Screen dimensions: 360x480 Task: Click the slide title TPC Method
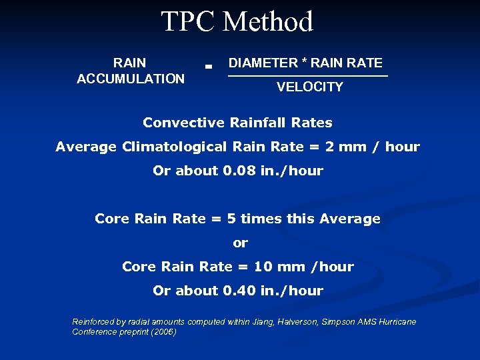pos(237,21)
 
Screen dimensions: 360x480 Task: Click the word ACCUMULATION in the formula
pos(131,79)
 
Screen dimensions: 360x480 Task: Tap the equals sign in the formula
pos(209,67)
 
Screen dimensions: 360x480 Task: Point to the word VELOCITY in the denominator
pos(309,87)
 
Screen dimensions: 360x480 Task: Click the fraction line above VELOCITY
pos(307,76)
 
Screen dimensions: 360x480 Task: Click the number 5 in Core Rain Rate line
pos(231,219)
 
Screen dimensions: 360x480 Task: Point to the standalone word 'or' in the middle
pos(240,243)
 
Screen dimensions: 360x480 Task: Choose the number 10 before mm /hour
pos(263,267)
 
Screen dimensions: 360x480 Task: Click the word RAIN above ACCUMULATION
pos(130,63)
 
